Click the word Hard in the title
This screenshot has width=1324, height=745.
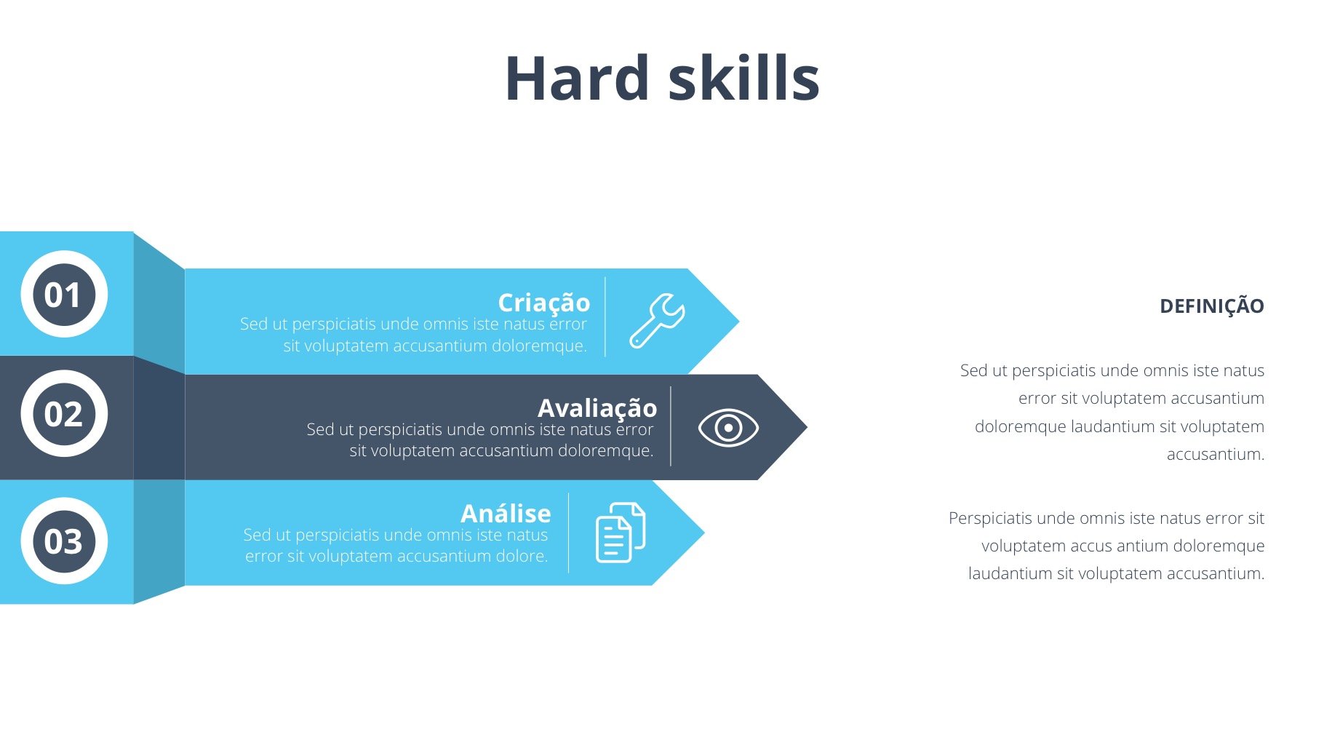(577, 78)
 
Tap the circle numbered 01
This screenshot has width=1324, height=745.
(64, 294)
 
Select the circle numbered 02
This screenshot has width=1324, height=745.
(64, 413)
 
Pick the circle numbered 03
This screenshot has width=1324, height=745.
(64, 541)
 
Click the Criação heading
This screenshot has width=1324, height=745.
(544, 303)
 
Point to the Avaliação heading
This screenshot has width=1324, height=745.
(597, 408)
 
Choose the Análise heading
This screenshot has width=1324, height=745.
(506, 513)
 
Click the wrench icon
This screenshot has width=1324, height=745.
(657, 320)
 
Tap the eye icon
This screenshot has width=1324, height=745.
(728, 427)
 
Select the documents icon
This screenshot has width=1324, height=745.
(621, 533)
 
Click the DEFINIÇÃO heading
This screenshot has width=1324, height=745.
(1212, 306)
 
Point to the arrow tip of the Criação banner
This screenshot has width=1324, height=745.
(738, 321)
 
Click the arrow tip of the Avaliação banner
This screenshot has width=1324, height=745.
(807, 427)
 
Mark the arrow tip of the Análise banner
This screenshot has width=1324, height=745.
(703, 533)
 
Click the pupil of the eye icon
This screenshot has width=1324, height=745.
(728, 428)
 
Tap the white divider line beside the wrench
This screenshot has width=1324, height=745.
(605, 316)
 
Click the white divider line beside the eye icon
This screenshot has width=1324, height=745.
(671, 426)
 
